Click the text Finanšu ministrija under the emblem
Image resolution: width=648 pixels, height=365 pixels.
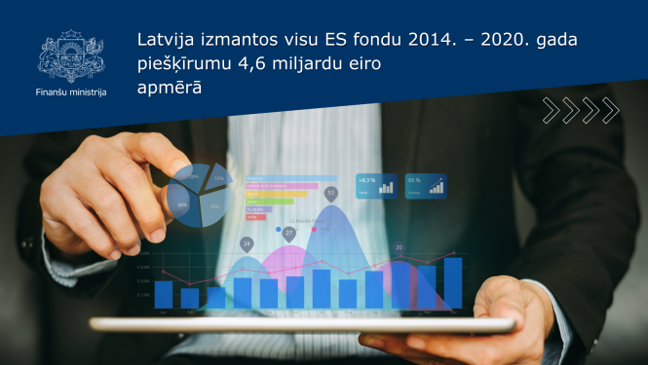pos(70,92)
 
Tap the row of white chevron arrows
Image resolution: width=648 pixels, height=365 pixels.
pos(581,111)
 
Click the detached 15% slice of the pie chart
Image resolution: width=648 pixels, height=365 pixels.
pos(216,182)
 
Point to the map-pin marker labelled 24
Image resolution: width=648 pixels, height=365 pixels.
pos(247,243)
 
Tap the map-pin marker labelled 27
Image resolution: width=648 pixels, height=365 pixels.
pos(288,235)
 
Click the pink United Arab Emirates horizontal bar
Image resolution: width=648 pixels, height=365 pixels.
pos(283,185)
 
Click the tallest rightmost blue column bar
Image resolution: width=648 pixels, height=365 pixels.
pos(452,282)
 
